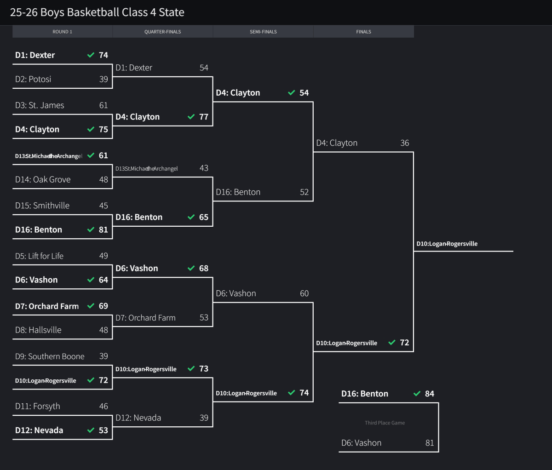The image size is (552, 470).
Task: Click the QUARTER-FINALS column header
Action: point(162,32)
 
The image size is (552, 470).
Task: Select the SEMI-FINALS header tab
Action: point(263,32)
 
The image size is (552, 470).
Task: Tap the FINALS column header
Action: point(363,32)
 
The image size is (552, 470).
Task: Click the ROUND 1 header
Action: point(62,32)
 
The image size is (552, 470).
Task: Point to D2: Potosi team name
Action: point(33,79)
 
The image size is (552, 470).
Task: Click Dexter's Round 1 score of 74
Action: point(103,55)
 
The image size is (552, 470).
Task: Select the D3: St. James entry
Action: point(40,105)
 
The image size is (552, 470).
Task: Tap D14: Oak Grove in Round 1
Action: point(43,180)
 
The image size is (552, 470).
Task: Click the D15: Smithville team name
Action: point(42,206)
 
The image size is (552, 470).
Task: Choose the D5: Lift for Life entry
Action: point(39,256)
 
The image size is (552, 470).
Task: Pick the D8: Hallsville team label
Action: point(38,330)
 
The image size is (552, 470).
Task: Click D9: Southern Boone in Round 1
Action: point(50,356)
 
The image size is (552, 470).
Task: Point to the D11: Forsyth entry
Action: point(38,407)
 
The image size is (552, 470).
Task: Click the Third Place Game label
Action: point(385,423)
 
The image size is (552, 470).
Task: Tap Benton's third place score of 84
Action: point(430,394)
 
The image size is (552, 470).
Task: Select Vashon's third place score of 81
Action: point(430,443)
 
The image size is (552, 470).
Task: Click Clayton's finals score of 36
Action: point(405,143)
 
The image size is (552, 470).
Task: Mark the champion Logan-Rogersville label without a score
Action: point(447,244)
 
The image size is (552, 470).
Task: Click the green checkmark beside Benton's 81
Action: point(91,230)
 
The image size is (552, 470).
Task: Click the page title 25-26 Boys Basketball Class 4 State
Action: point(97,12)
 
